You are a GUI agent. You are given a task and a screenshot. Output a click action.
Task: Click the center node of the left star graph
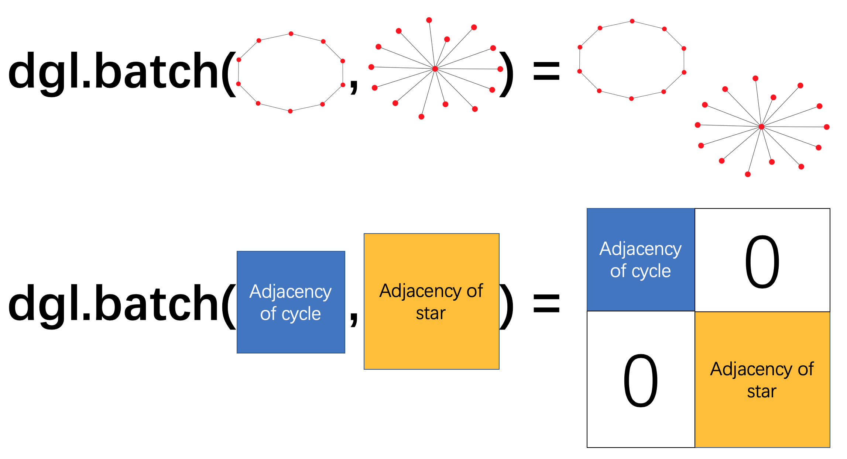click(x=435, y=69)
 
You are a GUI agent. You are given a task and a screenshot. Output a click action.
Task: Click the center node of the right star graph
click(x=761, y=127)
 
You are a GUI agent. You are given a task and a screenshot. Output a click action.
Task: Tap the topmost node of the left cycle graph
click(x=291, y=34)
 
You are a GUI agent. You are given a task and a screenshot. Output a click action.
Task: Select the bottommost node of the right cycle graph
click(x=631, y=99)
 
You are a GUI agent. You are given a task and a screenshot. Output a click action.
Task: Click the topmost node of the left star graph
click(x=429, y=20)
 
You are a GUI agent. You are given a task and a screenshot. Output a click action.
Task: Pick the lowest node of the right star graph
click(x=748, y=174)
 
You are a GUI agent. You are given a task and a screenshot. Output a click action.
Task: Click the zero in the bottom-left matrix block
click(x=641, y=380)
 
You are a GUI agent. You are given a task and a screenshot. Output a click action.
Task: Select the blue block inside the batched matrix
click(x=641, y=260)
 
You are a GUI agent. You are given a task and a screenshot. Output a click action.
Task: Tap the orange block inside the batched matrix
click(x=762, y=380)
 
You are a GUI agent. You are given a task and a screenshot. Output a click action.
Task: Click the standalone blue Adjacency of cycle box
click(x=291, y=302)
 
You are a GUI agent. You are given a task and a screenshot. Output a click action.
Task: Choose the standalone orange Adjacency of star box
click(x=431, y=301)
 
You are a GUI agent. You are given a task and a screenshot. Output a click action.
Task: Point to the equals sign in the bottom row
click(x=546, y=304)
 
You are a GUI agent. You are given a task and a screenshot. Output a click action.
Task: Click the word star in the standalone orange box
click(x=431, y=314)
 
